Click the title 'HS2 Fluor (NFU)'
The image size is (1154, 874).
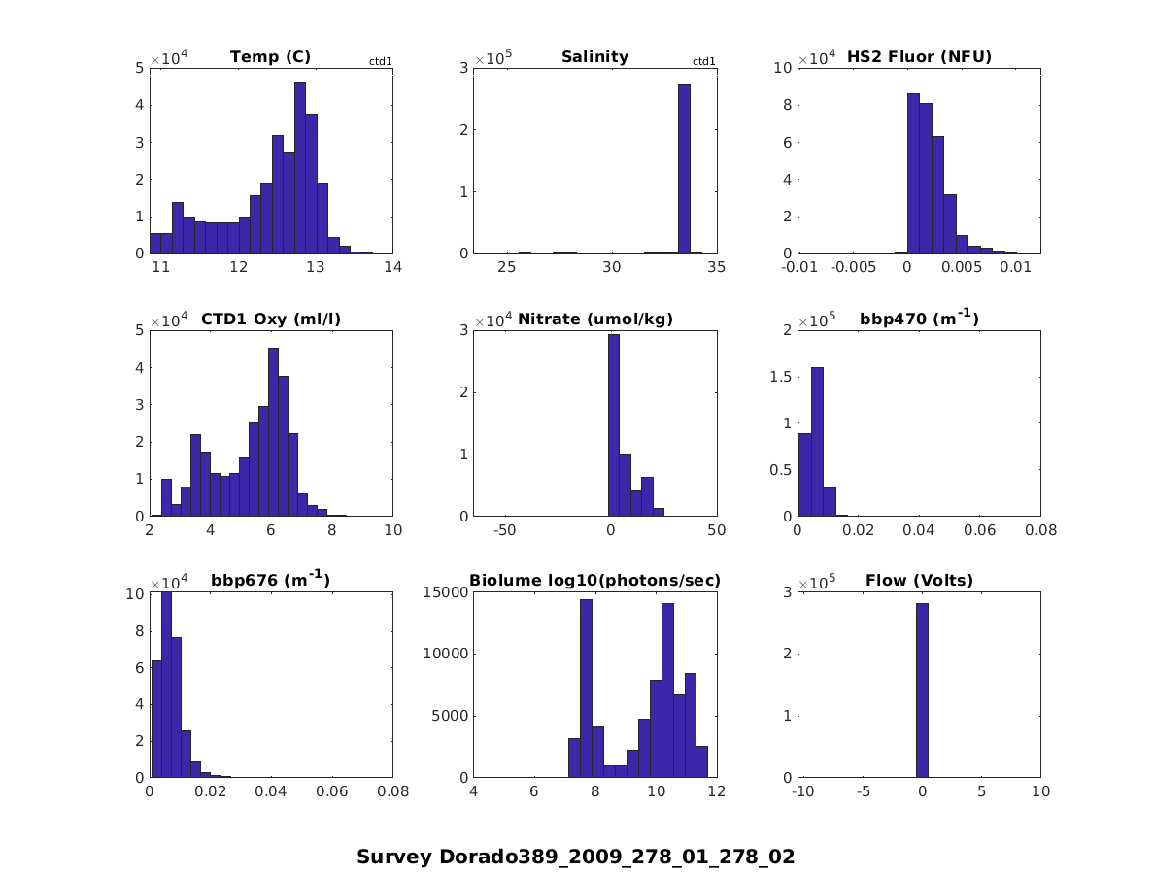919,57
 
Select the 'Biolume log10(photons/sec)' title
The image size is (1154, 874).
594,581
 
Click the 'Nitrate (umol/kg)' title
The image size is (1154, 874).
594,319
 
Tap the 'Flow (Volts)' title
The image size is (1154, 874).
919,581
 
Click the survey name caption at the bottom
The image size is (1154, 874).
575,857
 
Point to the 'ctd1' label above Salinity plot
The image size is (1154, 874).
703,61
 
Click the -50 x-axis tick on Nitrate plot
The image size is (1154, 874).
505,530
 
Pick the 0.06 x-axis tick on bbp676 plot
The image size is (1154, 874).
332,791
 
